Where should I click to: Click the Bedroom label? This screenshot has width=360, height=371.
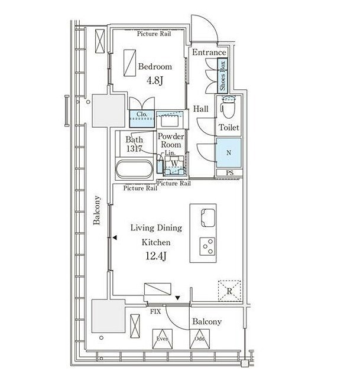155,67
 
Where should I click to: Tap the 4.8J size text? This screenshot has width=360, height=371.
155,80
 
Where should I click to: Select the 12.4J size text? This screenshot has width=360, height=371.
156,256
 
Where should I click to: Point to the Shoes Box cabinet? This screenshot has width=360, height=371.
222,76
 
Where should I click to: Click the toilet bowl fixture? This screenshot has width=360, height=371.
228,107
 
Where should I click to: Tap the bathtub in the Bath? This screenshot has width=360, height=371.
134,169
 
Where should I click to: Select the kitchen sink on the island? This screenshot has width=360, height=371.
208,217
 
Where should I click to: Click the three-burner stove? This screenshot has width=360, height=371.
207,246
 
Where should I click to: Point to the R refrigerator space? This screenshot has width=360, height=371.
229,291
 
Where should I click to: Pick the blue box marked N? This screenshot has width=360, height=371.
229,153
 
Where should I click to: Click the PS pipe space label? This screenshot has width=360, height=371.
229,173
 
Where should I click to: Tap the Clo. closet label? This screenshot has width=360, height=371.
142,114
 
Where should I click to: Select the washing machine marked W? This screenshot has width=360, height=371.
174,165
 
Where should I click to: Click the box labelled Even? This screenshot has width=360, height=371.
163,339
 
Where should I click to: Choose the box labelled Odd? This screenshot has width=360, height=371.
200,339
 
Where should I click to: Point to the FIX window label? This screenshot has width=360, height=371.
155,311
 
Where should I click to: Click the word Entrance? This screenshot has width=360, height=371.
209,53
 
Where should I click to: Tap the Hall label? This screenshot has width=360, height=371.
201,109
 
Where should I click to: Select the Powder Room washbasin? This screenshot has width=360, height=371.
170,121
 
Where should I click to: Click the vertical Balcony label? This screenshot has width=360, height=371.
97,210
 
